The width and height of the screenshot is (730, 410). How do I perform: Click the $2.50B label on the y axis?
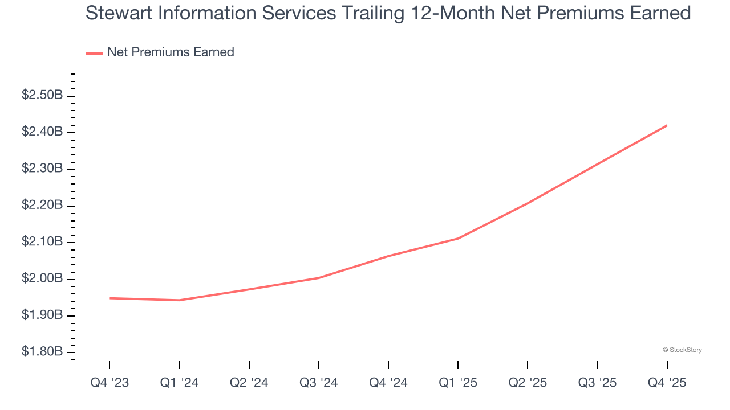click(x=42, y=95)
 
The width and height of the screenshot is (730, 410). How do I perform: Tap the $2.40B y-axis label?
click(x=42, y=132)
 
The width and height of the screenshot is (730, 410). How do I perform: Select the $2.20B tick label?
click(x=42, y=205)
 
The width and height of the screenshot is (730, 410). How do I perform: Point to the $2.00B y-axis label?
click(x=42, y=278)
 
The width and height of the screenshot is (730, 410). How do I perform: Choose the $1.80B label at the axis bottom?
click(x=42, y=352)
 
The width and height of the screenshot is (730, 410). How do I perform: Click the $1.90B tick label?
click(x=42, y=315)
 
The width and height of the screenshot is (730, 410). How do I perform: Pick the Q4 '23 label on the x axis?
click(x=109, y=383)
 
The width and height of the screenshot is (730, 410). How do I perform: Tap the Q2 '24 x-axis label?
click(x=249, y=383)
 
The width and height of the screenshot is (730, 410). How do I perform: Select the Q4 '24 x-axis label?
click(x=388, y=383)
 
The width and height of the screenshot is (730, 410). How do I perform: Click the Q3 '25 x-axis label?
click(x=597, y=383)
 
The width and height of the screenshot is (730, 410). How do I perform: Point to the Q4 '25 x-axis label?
click(x=667, y=383)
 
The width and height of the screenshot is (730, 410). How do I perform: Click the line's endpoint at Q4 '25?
click(x=667, y=125)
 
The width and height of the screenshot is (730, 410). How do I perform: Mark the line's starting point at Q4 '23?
click(x=109, y=298)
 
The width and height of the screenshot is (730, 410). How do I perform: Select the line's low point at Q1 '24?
click(x=180, y=300)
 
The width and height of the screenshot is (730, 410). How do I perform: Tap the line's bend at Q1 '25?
click(x=458, y=238)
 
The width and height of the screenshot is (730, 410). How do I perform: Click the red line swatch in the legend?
click(x=94, y=53)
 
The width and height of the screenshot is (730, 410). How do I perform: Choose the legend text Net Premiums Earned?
click(x=171, y=52)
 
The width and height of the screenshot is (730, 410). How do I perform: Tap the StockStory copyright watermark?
click(x=682, y=350)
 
